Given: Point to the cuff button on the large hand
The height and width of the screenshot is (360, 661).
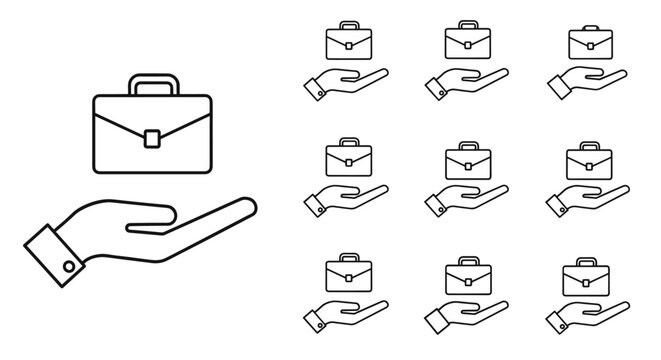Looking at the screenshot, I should coord(68,265).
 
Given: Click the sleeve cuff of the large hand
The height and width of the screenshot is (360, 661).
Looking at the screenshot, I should coord(54,254).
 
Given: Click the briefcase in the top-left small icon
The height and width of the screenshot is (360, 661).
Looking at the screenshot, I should coord(348,43).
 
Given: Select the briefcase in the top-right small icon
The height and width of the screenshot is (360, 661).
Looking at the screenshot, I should coord(591,43).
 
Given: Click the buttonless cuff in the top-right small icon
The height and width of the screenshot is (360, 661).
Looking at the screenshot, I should coord(558,87).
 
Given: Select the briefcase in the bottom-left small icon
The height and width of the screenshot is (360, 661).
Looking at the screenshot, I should coord(348,274).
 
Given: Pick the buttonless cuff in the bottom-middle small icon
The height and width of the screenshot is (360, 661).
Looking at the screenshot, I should coord(437,320).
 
